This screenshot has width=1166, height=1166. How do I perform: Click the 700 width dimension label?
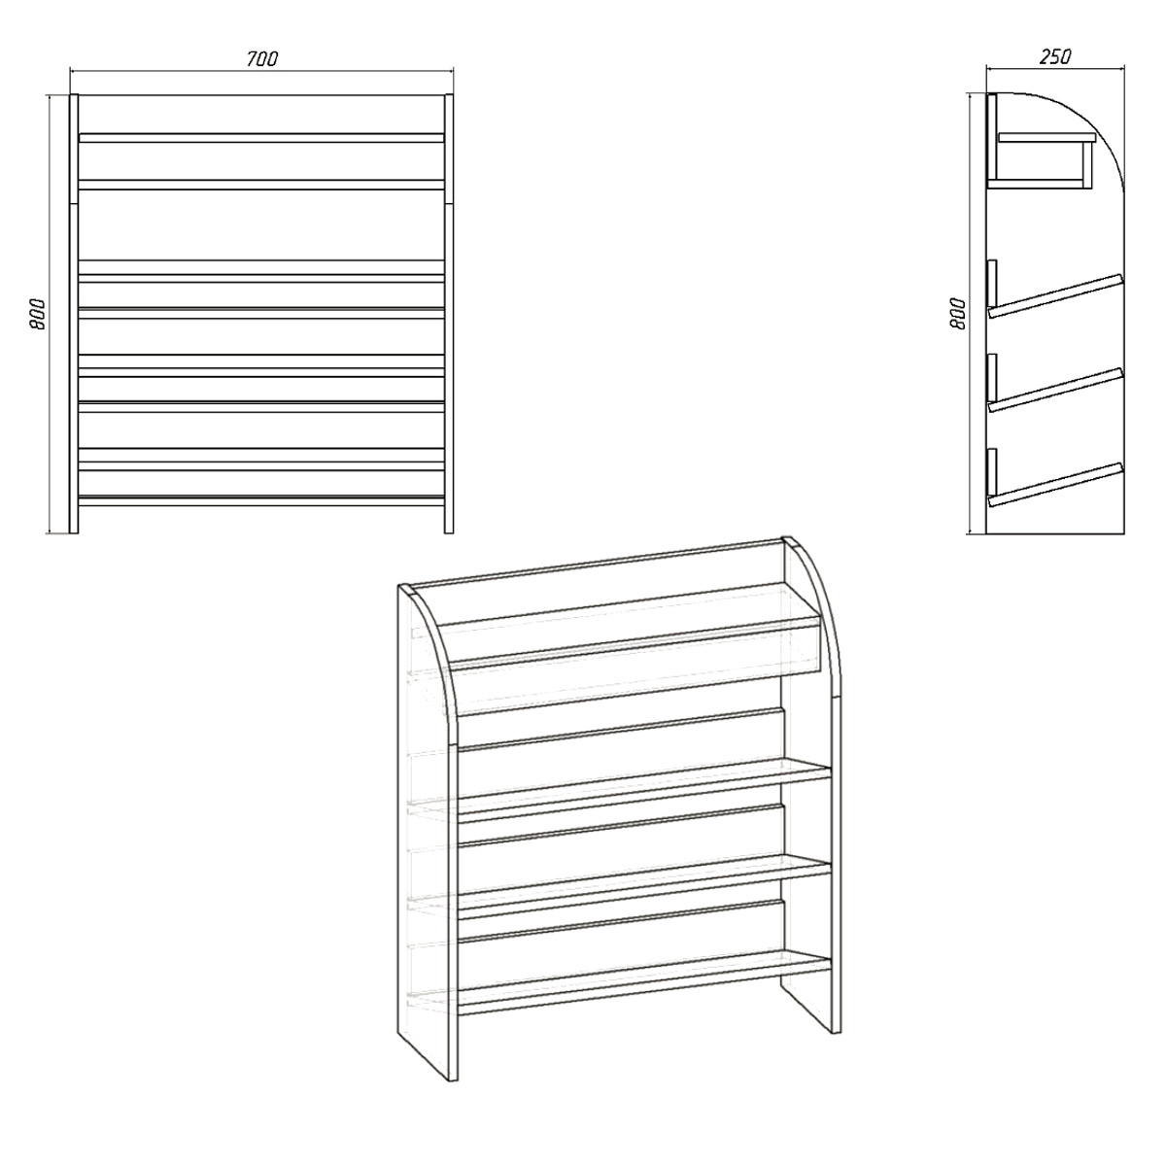[262, 58]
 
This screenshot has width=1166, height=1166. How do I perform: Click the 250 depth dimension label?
[1055, 56]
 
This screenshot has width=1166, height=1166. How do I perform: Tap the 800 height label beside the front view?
[38, 314]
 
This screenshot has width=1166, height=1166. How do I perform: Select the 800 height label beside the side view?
[958, 314]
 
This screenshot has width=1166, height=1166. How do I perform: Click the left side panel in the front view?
[74, 314]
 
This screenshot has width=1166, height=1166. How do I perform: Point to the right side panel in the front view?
[449, 314]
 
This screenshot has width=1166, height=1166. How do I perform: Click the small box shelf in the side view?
[1042, 160]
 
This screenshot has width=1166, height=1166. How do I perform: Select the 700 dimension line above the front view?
[262, 71]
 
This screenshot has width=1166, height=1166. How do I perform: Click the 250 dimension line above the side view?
[1056, 68]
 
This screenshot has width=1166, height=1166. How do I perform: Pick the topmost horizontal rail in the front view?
[261, 138]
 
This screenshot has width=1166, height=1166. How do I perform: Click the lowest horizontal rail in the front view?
[261, 499]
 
